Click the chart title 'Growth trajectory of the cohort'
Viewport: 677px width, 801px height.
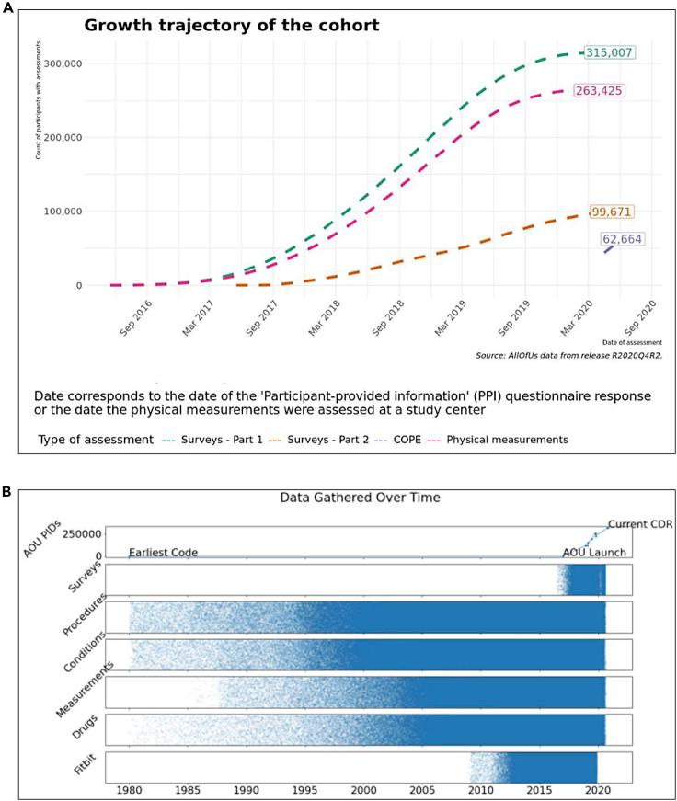232,26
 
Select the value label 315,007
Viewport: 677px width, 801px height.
608,52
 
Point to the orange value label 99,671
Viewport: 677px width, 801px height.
611,212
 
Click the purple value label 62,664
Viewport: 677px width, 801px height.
622,239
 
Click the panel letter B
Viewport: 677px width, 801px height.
8,492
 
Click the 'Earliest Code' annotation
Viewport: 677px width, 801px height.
163,553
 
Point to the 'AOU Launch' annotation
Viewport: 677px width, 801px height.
594,553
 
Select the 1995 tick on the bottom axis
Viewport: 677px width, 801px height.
305,789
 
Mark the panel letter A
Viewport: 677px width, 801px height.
8,6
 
